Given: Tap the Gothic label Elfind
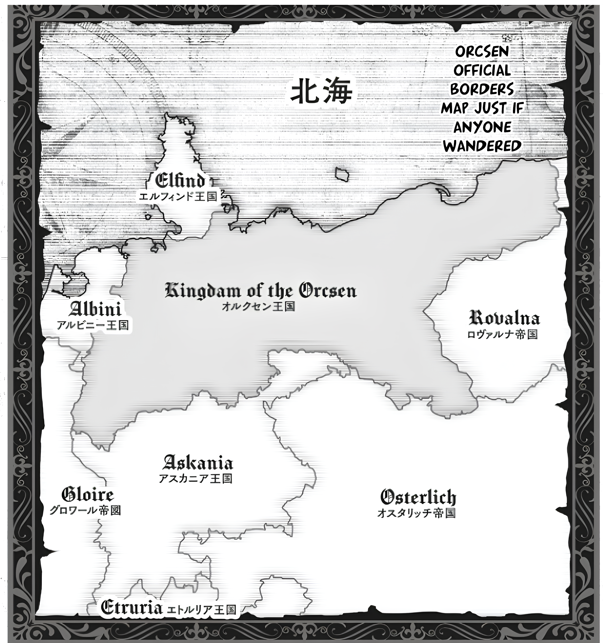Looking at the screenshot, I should pyautogui.click(x=180, y=181).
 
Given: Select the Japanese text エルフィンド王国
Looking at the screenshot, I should pyautogui.click(x=178, y=197).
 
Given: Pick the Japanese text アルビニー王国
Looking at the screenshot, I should pyautogui.click(x=92, y=325).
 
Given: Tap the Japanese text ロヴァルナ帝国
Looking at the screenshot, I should pyautogui.click(x=502, y=334).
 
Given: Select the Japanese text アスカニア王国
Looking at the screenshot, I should pyautogui.click(x=195, y=478).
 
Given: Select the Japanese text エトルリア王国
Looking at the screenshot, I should pyautogui.click(x=201, y=610).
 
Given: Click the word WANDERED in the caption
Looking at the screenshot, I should pyautogui.click(x=482, y=146).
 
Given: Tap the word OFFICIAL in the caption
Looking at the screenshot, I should pyautogui.click(x=482, y=70).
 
